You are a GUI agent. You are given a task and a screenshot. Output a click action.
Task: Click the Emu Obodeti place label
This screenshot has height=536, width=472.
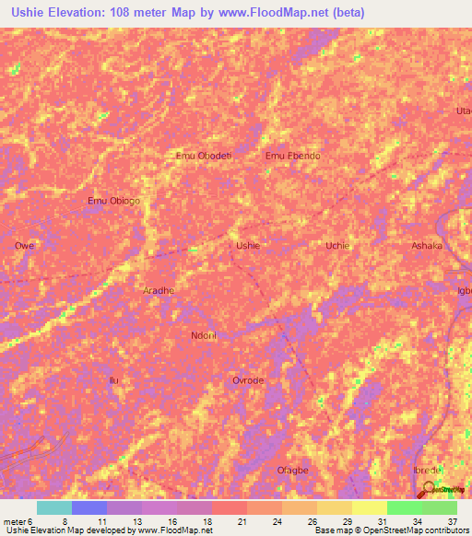pyautogui.click(x=203, y=156)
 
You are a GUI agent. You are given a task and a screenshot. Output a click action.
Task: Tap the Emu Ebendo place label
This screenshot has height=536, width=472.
pyautogui.click(x=292, y=156)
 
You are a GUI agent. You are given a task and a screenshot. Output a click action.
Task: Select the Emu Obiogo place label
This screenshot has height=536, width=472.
pyautogui.click(x=113, y=202)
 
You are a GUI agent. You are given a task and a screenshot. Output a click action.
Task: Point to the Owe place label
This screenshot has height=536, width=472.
pyautogui.click(x=24, y=246)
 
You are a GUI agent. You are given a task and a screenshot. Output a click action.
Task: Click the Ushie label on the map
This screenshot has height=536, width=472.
pyautogui.click(x=248, y=246)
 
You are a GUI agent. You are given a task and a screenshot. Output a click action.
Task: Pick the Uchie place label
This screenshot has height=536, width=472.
pyautogui.click(x=337, y=246)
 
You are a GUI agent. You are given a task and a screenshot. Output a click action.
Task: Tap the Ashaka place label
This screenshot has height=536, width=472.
pyautogui.click(x=427, y=246)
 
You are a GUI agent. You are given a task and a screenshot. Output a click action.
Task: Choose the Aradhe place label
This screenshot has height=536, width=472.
pyautogui.click(x=159, y=290)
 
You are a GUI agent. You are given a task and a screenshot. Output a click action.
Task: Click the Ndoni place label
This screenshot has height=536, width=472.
pyautogui.click(x=203, y=335)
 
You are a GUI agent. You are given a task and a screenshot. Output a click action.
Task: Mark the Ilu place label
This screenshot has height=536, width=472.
pyautogui.click(x=114, y=380)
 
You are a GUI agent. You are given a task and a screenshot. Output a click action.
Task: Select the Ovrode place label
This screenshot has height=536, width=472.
pyautogui.click(x=248, y=380)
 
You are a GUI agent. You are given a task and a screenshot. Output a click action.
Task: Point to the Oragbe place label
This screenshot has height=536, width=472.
pyautogui.click(x=292, y=470)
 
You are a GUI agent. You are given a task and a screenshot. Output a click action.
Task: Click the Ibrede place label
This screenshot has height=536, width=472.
pyautogui.click(x=428, y=470)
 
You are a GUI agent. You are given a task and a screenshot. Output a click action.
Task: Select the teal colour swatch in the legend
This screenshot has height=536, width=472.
pyautogui.click(x=53, y=507)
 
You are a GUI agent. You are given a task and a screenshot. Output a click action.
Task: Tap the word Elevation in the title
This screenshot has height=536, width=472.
pyautogui.click(x=80, y=13)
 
